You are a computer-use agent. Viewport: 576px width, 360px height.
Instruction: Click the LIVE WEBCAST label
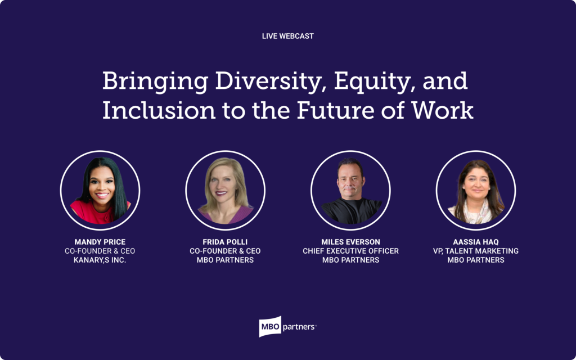[287, 36]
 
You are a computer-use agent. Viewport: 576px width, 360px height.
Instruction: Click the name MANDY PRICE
[100, 242]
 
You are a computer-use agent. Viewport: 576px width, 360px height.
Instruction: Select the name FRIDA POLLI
[225, 242]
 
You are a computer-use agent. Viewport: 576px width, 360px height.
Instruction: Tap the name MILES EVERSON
[350, 242]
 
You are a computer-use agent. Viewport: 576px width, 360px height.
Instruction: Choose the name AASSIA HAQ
[476, 242]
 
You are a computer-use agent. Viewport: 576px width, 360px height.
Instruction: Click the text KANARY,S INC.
[100, 260]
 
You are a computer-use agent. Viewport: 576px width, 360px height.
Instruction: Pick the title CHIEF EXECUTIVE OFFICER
[350, 251]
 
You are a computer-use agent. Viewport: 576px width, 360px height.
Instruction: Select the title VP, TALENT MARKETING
[476, 251]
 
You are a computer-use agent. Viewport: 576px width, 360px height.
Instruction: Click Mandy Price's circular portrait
[100, 190]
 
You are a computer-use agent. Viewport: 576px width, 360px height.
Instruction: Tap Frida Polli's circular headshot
[225, 190]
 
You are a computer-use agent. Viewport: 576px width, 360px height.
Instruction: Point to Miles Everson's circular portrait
[350, 190]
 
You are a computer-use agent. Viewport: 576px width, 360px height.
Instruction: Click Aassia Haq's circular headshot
[476, 190]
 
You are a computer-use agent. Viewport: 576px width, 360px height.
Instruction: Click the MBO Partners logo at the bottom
[287, 326]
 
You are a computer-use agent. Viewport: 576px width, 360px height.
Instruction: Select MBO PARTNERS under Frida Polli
[225, 260]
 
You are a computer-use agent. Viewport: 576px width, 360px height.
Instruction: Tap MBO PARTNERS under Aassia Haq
[476, 260]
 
